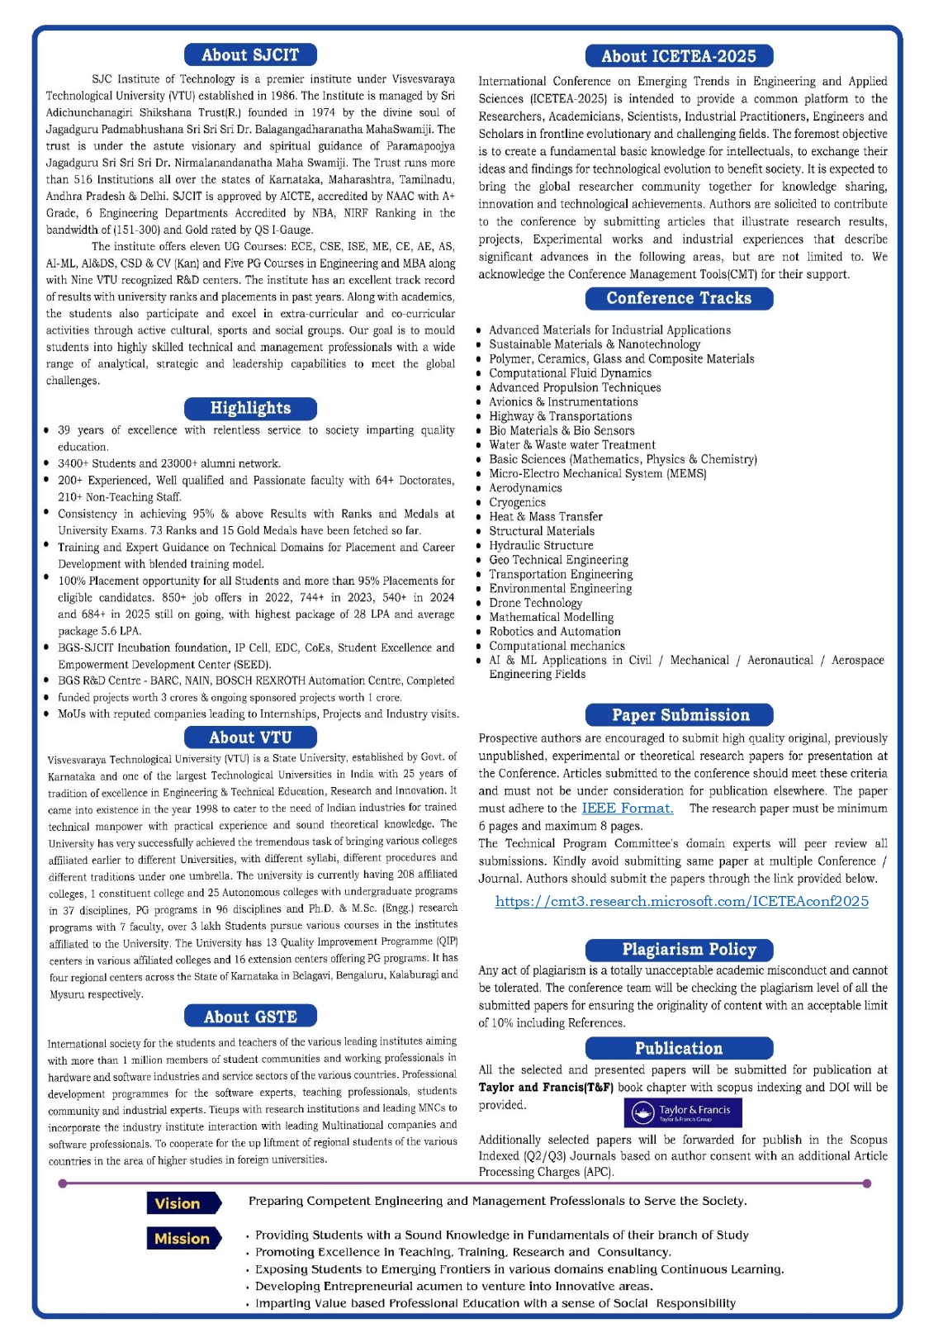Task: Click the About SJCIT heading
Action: click(x=250, y=55)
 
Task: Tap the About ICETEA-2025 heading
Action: click(x=679, y=56)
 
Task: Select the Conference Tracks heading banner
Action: click(x=679, y=298)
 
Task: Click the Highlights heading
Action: click(x=250, y=408)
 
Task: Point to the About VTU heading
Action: click(x=250, y=737)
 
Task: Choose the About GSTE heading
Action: click(x=250, y=1017)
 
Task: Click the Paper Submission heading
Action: click(x=680, y=715)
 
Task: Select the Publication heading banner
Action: click(x=679, y=1048)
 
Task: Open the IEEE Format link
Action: click(x=628, y=809)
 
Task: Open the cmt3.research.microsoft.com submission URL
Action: click(x=682, y=901)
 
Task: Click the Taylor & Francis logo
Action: click(x=683, y=1112)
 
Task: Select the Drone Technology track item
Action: click(x=535, y=603)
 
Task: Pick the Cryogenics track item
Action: click(x=517, y=502)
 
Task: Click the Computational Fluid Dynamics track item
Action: click(x=570, y=373)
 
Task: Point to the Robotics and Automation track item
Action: click(x=554, y=632)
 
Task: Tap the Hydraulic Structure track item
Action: click(x=541, y=545)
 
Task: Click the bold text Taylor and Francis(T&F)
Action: click(x=546, y=1088)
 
